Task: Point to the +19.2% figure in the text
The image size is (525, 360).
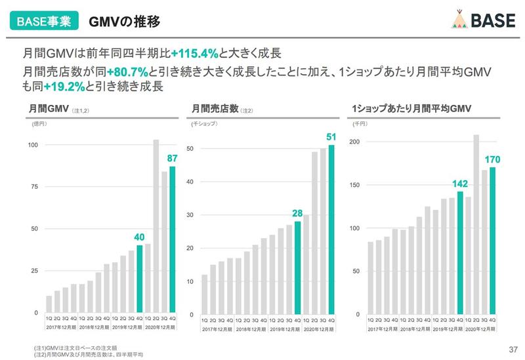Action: coord(65,86)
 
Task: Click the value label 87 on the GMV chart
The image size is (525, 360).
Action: coord(172,158)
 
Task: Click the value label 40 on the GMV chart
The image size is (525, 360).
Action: coord(139,237)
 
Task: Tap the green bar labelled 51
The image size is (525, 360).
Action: coord(331,230)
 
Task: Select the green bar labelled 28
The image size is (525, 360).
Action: coord(298,268)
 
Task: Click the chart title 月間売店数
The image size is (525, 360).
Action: coord(215,108)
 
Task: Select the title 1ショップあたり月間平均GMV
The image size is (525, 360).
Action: coord(411,108)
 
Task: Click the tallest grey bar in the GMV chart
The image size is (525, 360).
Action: coord(156,226)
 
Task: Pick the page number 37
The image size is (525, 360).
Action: coord(513,348)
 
